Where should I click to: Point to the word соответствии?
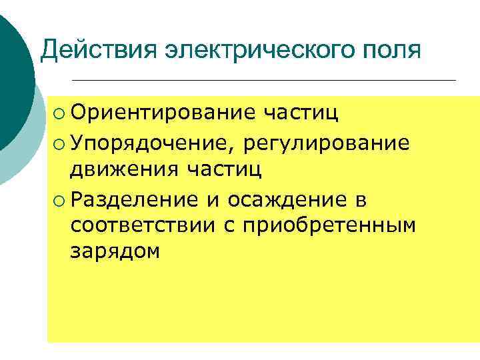click(143, 226)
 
